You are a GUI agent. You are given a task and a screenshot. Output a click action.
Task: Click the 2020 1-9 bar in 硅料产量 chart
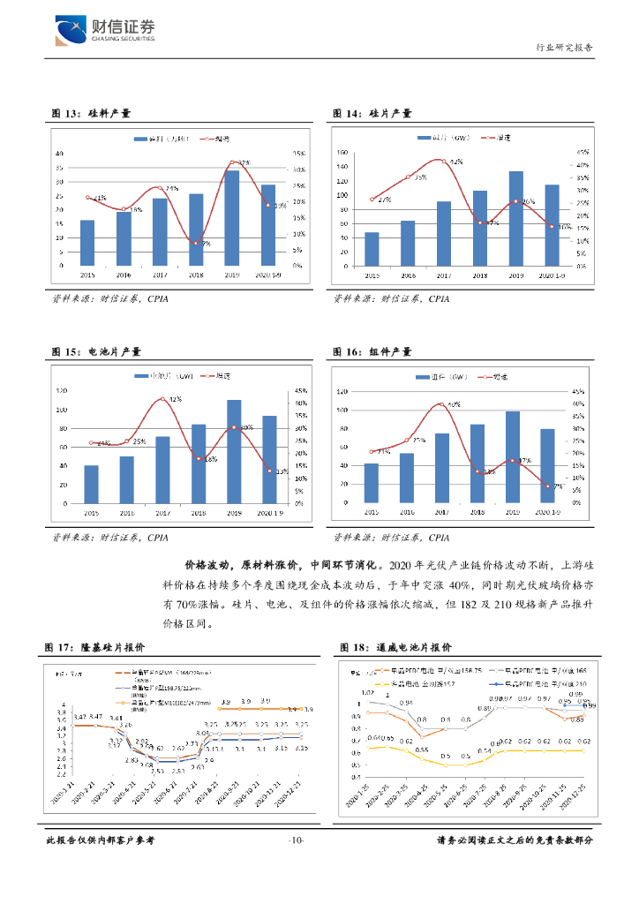pos(268,225)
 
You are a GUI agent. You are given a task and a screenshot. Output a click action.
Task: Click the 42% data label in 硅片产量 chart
pos(456,162)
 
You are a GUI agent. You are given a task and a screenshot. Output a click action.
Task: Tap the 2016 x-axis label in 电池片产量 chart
pos(127,512)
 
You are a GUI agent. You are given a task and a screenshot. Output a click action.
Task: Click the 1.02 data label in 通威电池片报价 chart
pos(368,693)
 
